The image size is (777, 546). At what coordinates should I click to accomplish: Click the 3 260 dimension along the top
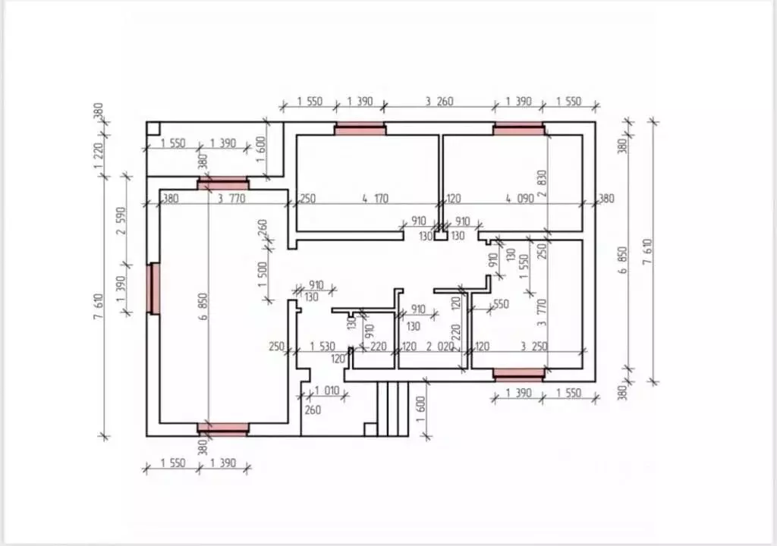point(439,101)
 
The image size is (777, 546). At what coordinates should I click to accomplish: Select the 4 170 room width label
point(375,199)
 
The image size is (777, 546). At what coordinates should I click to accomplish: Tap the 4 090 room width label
point(520,199)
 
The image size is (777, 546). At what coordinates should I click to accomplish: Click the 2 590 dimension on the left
point(121,221)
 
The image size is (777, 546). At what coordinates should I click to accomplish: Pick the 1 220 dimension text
point(98,155)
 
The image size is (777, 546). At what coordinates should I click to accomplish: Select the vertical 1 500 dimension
point(262,274)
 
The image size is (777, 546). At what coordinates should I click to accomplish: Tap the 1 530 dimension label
point(322,347)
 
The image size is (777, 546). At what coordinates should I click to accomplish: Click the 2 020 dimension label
point(440,347)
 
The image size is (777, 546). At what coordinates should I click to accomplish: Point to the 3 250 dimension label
point(533,347)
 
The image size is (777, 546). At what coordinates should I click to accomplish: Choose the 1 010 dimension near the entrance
point(327,391)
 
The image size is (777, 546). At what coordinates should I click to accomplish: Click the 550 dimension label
point(501,304)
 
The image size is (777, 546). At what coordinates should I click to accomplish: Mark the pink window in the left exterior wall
point(155,288)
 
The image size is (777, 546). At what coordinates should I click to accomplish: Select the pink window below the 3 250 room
point(519,374)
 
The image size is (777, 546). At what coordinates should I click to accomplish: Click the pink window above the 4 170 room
point(360,130)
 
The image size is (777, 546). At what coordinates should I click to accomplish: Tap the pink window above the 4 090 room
point(519,130)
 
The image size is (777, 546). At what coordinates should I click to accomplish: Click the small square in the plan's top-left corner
point(153,129)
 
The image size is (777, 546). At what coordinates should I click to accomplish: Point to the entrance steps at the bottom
point(392,409)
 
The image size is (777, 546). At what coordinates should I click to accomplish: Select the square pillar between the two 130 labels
point(441,235)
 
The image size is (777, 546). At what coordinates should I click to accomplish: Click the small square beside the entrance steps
point(370,429)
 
